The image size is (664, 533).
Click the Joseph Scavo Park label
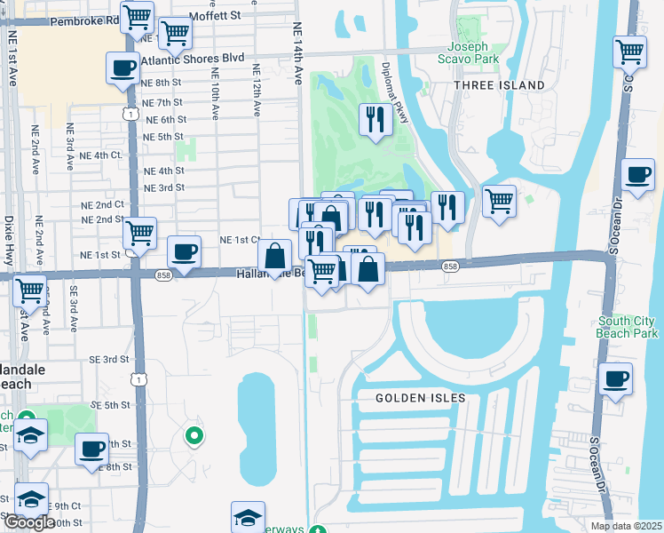(x=474, y=52)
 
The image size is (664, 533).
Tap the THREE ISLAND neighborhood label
(x=499, y=84)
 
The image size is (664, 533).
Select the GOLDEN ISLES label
(x=420, y=398)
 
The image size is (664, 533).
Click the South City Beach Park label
(x=628, y=326)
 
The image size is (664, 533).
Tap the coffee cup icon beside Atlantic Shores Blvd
(x=122, y=68)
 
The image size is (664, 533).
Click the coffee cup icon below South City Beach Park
(x=615, y=378)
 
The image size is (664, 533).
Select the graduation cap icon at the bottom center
(x=248, y=516)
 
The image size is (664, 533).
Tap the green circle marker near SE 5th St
(x=194, y=435)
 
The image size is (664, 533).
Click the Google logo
(x=28, y=523)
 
